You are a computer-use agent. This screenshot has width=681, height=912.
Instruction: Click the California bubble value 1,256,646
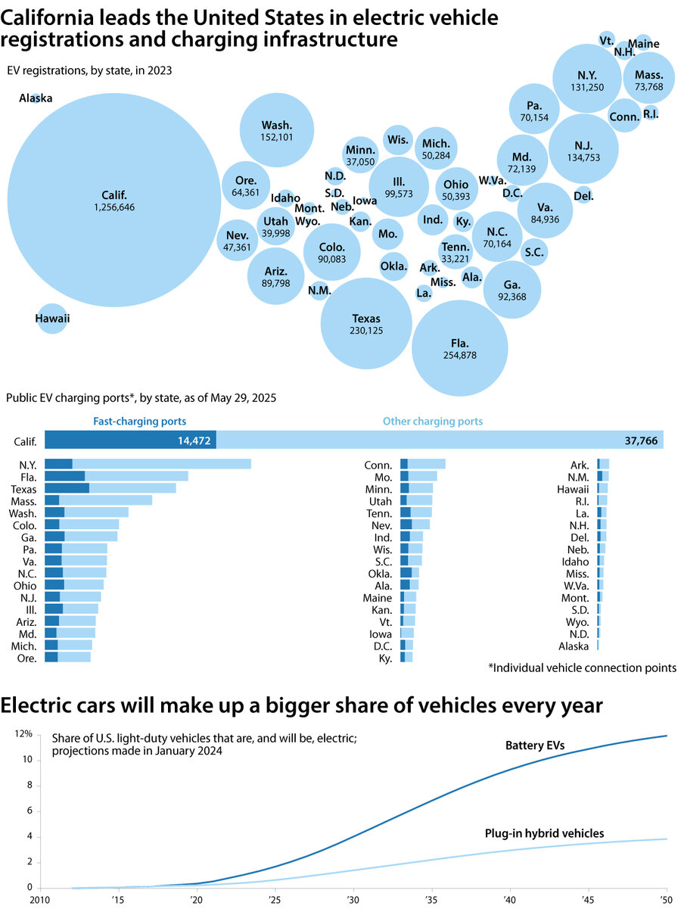114,207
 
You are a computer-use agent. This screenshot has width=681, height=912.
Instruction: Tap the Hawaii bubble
51,319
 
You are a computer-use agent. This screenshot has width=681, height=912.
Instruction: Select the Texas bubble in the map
366,323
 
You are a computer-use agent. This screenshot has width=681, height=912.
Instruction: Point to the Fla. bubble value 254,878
459,355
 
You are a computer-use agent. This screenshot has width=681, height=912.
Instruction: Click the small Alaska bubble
36,98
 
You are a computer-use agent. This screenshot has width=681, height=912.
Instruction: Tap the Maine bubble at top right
643,43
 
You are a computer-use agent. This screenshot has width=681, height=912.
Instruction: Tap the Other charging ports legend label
432,421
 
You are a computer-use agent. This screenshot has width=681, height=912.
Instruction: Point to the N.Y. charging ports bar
148,464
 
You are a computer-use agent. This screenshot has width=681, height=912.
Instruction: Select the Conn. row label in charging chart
378,465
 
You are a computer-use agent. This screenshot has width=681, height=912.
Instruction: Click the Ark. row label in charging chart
580,465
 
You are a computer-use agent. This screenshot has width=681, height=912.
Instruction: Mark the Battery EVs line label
535,746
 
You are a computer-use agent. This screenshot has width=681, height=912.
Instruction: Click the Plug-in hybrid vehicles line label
543,833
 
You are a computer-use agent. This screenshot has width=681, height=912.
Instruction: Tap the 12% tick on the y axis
24,734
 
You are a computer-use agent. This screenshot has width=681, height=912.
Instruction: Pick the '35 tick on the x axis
431,900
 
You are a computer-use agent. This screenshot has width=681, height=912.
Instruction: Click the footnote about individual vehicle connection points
582,668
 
